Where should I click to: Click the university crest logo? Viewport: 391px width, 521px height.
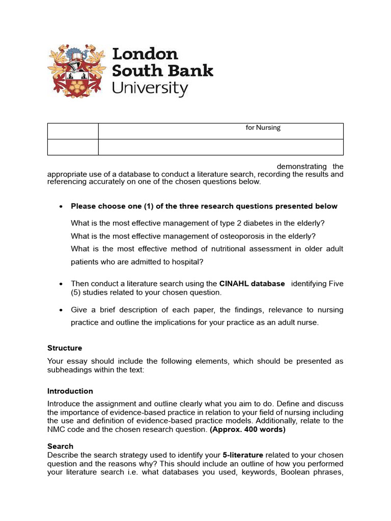[x=78, y=71]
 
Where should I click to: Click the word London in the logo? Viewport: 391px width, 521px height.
[x=145, y=54]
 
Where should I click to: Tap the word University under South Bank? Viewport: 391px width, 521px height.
[x=150, y=88]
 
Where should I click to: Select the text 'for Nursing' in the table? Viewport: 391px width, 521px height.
[x=263, y=128]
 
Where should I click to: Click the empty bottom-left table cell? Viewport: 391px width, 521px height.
[x=73, y=147]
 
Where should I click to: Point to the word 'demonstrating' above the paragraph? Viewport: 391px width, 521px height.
[x=302, y=166]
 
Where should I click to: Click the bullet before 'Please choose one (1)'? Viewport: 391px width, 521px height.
[x=61, y=207]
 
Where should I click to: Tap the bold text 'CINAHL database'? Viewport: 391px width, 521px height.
[x=252, y=283]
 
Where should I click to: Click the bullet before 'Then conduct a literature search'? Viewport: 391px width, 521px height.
[x=61, y=284]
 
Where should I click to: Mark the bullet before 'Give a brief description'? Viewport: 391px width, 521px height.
[x=61, y=310]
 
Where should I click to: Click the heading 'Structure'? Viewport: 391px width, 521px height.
[x=65, y=348]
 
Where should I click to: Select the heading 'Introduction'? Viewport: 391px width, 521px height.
[x=70, y=391]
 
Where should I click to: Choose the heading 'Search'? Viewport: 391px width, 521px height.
[x=60, y=446]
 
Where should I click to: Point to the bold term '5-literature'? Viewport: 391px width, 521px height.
[x=243, y=455]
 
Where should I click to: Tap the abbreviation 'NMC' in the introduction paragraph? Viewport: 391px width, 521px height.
[x=57, y=429]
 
